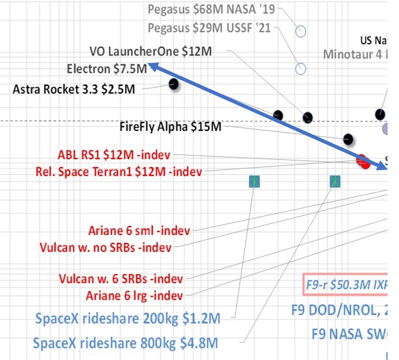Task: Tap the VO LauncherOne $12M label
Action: point(150,52)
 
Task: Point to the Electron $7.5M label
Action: point(108,69)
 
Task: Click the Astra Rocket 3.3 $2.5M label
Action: point(74,90)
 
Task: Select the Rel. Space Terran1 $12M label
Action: point(119,172)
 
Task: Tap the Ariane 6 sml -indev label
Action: point(139,230)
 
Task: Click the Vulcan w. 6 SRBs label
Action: point(121,279)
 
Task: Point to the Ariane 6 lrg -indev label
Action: point(134,295)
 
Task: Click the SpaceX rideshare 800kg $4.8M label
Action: point(125,343)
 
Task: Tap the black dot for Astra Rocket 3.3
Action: point(174,84)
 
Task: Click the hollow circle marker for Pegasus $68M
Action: point(301,30)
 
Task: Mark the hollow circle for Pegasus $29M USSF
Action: point(301,69)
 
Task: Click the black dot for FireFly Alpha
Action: point(347,139)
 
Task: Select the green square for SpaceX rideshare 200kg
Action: point(254,181)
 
